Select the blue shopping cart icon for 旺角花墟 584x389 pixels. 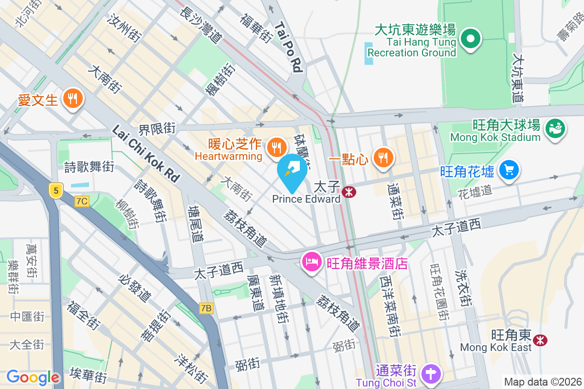[509, 171]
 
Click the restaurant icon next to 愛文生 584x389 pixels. [73, 100]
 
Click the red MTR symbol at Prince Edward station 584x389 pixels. [348, 192]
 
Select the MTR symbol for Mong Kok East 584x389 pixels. [539, 340]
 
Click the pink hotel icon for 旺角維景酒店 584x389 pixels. [311, 263]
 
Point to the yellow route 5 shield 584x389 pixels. [56, 191]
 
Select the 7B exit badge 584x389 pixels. [206, 308]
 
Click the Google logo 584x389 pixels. [33, 377]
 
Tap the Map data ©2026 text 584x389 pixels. [542, 382]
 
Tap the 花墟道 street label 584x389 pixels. [475, 192]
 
